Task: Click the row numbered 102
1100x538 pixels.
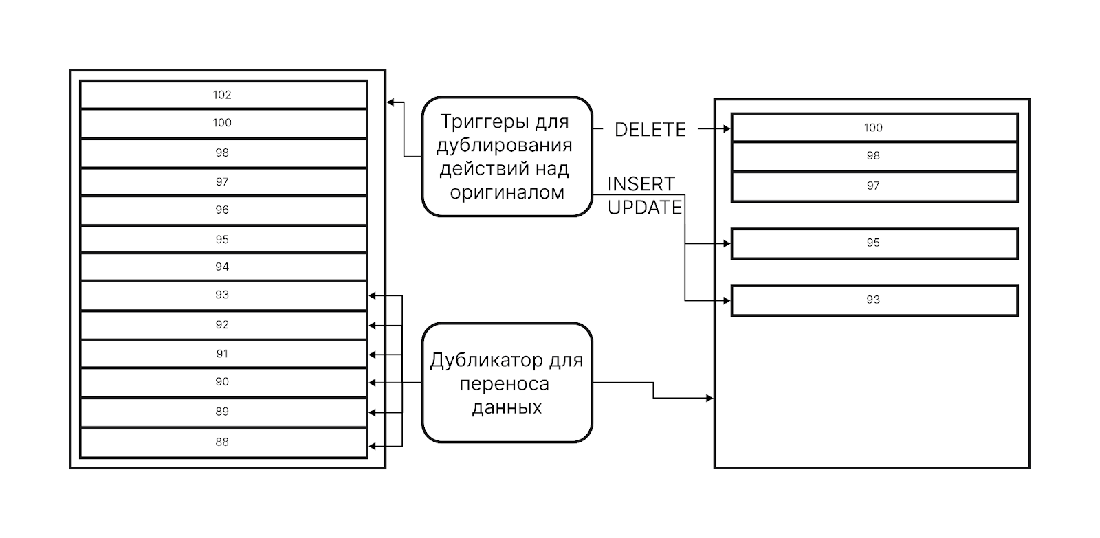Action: [x=222, y=95]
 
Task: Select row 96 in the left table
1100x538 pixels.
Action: [x=222, y=210]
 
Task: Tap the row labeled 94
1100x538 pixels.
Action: [x=222, y=267]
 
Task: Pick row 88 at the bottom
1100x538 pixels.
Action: [x=222, y=442]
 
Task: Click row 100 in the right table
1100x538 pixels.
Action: [x=873, y=128]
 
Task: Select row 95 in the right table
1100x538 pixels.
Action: [x=873, y=243]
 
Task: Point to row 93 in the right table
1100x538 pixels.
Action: [x=873, y=300]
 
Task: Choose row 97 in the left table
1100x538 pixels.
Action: [x=222, y=182]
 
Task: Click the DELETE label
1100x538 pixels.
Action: [x=650, y=130]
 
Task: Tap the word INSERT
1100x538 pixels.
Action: [x=641, y=184]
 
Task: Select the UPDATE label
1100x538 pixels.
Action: [x=645, y=208]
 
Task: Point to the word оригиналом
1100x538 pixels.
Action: [x=507, y=192]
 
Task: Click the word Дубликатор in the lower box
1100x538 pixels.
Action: [x=487, y=361]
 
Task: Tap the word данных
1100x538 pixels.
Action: [x=507, y=407]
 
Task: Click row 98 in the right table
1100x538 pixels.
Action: [x=873, y=156]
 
